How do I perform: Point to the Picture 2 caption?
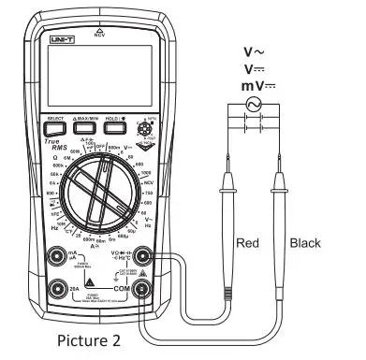(x=88, y=339)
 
